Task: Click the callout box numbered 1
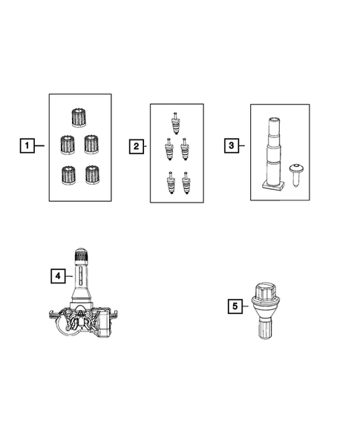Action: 27,145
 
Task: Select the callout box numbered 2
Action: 137,146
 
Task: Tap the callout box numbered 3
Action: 232,145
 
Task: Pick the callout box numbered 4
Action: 58,276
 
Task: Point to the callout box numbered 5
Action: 235,306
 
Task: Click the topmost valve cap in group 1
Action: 79,118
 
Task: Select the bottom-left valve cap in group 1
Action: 68,175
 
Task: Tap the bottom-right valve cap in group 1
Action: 92,175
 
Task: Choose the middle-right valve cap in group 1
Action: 91,145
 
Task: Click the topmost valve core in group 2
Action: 175,123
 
